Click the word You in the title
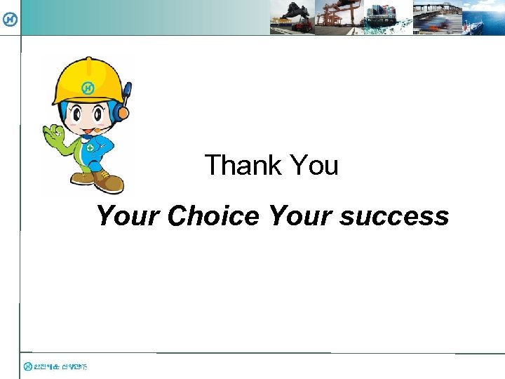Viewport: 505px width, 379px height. tap(314, 166)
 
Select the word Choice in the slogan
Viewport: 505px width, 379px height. tap(213, 215)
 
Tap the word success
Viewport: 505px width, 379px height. tap(394, 216)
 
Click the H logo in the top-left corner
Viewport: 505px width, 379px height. tap(10, 19)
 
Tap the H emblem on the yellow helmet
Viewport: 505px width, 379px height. tap(88, 88)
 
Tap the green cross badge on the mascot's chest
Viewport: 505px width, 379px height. tap(90, 148)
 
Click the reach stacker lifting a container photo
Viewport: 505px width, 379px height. tap(292, 18)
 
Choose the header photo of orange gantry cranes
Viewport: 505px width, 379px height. tap(338, 18)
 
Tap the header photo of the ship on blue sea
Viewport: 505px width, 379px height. tap(483, 18)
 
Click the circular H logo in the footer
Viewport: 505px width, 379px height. tap(27, 366)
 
